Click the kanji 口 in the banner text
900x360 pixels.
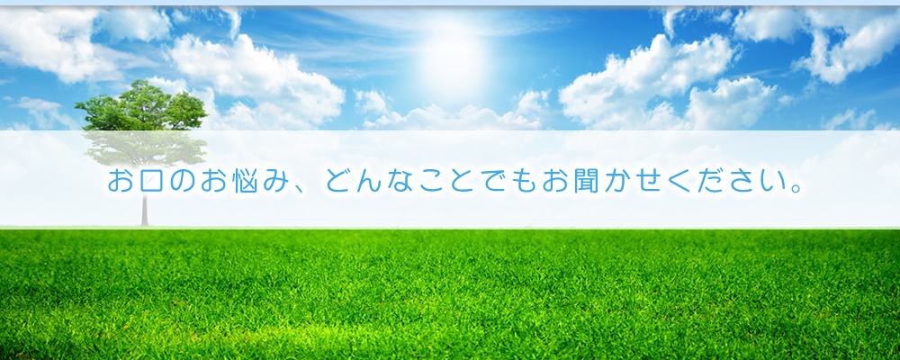151,182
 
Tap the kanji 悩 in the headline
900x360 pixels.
244,181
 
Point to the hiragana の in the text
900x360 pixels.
182,181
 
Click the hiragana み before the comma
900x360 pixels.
274,181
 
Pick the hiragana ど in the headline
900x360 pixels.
337,181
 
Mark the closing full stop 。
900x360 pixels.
796,188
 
